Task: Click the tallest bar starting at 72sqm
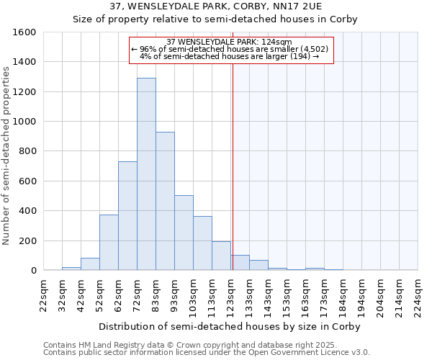tap(146, 174)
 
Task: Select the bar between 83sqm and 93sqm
tap(165, 201)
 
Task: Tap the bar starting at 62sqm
tap(127, 216)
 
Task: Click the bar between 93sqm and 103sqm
tap(184, 233)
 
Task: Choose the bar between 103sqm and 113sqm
tap(202, 243)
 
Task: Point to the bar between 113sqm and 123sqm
tap(221, 256)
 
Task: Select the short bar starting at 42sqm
tap(90, 264)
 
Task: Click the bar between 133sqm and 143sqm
tap(258, 265)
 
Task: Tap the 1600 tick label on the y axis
tap(24, 32)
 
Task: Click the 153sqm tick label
tap(287, 294)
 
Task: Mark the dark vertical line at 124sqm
tap(233, 166)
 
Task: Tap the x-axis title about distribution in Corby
tap(230, 326)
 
